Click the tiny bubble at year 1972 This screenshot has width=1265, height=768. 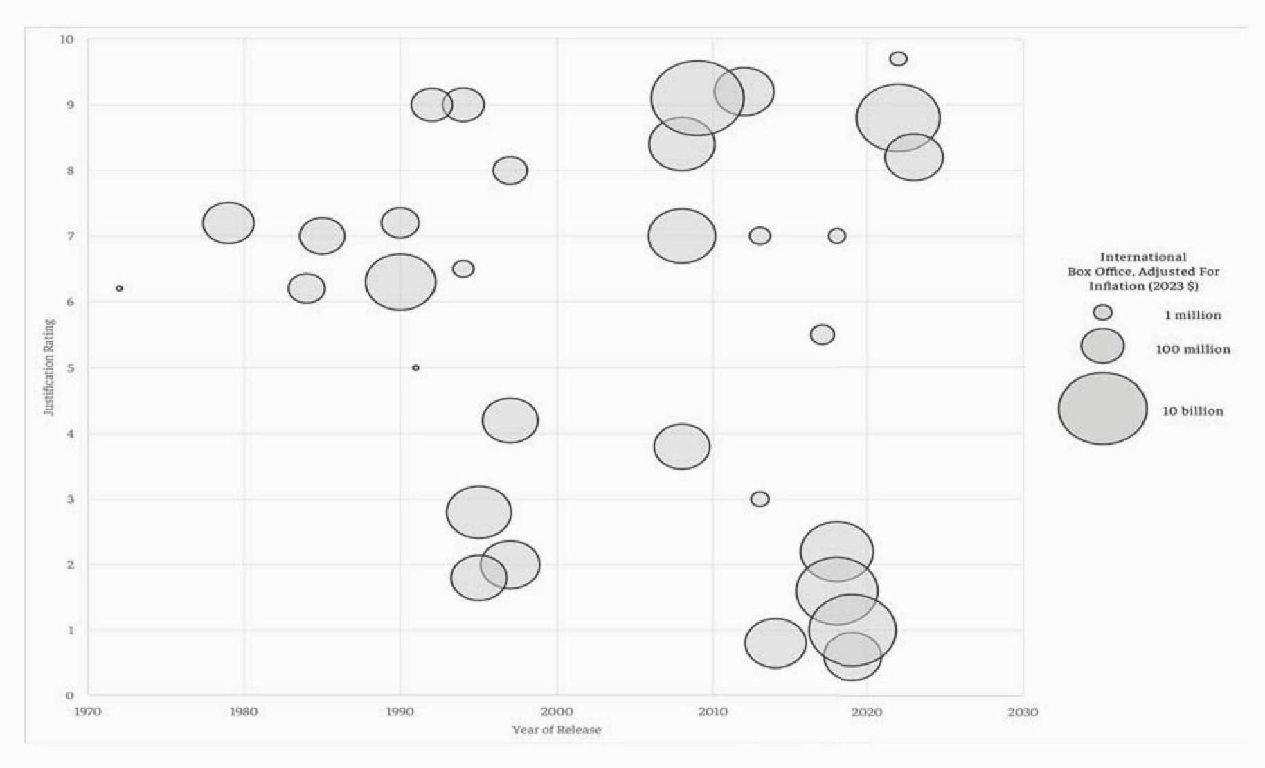(x=119, y=288)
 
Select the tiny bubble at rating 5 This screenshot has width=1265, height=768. (x=415, y=368)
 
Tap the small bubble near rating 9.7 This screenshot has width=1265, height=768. (x=898, y=59)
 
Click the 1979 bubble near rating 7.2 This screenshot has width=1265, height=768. (x=228, y=223)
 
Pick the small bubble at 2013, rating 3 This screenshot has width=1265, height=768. (x=760, y=499)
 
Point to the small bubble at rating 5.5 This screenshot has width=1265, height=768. (x=822, y=334)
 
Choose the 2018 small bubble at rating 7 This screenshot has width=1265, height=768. (x=836, y=236)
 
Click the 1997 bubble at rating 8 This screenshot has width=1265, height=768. (x=510, y=170)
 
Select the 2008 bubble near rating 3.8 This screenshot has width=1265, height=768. (x=682, y=447)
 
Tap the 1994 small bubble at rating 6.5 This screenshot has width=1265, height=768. (x=463, y=269)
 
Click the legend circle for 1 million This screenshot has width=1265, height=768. (x=1103, y=312)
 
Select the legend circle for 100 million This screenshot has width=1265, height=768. (x=1102, y=346)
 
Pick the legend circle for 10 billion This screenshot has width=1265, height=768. (x=1102, y=409)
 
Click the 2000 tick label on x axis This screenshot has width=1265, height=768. (x=557, y=712)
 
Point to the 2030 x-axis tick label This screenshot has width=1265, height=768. (x=1023, y=712)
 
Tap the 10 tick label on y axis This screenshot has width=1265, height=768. (x=66, y=39)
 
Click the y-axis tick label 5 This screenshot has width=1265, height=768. (x=70, y=368)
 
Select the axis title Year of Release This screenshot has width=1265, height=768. (x=557, y=730)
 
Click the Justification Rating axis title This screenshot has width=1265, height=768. (x=49, y=367)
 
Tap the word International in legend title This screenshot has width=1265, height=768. (x=1143, y=257)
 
